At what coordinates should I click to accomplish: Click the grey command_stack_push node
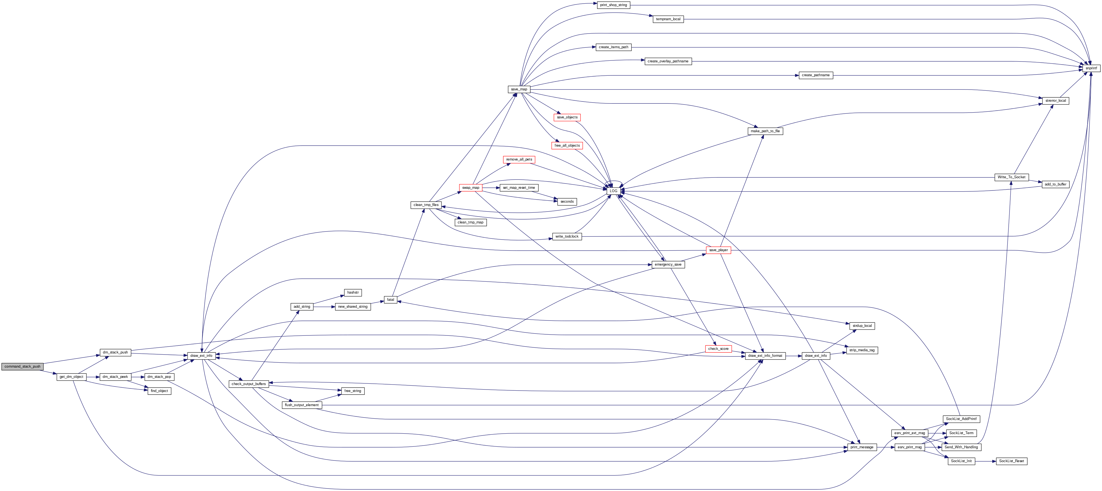click(x=22, y=367)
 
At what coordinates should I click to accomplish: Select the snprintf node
click(x=1091, y=68)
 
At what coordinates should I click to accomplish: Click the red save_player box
click(x=718, y=250)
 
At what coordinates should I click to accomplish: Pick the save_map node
click(x=519, y=89)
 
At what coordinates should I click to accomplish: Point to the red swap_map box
click(x=471, y=187)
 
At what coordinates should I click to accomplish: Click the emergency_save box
click(x=668, y=264)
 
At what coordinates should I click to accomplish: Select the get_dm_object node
click(x=71, y=377)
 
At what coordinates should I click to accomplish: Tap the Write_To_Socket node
click(x=1011, y=177)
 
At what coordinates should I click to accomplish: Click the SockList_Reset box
click(x=1011, y=461)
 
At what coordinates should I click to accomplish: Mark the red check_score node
click(x=718, y=349)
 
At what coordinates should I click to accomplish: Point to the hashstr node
click(x=353, y=292)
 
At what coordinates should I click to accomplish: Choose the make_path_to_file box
click(x=765, y=131)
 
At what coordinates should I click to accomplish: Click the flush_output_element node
click(x=302, y=405)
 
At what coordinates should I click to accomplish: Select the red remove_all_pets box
click(x=519, y=159)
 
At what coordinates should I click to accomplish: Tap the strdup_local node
click(x=862, y=326)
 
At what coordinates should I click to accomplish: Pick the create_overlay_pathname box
click(x=668, y=61)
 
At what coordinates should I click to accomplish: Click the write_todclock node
click(x=567, y=236)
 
